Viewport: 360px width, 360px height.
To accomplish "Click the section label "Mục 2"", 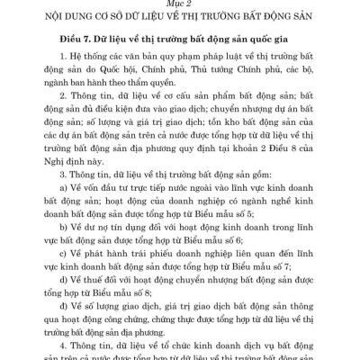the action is tap(180, 4).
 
